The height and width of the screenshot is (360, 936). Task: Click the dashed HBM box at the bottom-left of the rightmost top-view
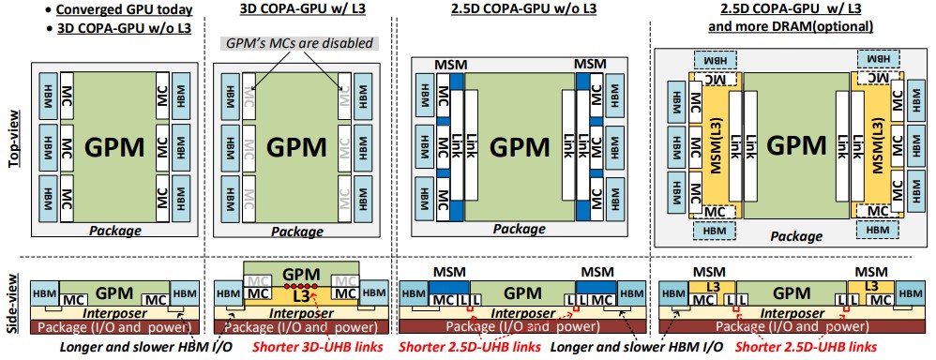coord(711,229)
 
